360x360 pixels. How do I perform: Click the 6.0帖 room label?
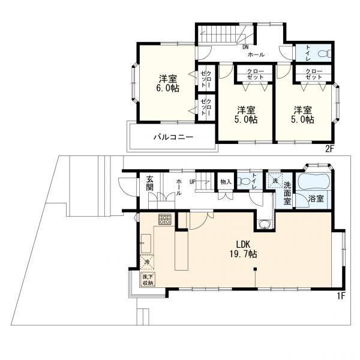167,88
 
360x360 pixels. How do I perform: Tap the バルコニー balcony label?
173,137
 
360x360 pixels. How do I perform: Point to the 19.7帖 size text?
244,254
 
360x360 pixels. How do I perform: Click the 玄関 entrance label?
149,184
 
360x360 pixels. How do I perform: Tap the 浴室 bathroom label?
316,199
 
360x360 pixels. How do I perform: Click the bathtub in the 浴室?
313,181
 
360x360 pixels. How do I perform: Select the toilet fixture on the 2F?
325,54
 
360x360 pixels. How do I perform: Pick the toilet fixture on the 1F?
244,181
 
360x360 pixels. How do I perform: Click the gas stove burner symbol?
165,219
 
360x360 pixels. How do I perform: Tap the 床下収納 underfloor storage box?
147,280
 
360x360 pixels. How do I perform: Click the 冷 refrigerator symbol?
147,262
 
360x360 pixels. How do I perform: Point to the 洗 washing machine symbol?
275,181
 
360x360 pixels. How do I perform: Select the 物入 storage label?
226,182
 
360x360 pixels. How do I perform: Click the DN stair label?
245,47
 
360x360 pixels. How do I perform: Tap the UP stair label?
193,182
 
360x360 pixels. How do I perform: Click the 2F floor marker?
329,149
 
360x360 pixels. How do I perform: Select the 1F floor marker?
341,296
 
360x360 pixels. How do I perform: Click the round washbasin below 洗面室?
264,224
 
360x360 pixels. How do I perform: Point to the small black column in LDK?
255,269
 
